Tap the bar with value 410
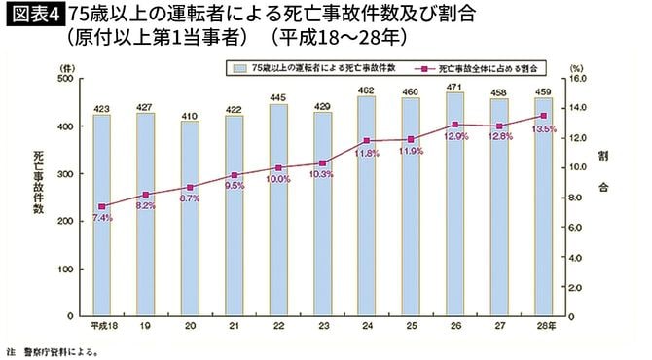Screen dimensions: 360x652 point(190,219)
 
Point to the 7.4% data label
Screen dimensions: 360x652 point(102,218)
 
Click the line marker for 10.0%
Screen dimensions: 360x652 point(278,168)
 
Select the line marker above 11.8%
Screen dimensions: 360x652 point(366,141)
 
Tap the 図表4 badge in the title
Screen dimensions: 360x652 point(33,16)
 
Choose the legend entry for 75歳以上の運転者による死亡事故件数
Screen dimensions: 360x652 point(311,70)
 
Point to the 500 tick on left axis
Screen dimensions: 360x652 point(67,80)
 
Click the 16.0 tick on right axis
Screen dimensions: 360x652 point(576,80)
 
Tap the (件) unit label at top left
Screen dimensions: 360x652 point(65,65)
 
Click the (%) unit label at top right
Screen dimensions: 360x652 point(577,65)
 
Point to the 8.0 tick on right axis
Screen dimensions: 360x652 point(575,198)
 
